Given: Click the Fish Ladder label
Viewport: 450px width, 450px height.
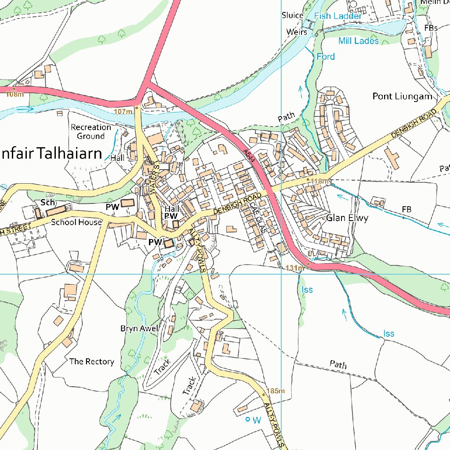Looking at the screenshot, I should coord(338,16).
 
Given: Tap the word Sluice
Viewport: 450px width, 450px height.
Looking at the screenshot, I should coord(292,15).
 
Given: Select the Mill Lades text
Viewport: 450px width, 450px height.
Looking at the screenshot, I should coord(358,41).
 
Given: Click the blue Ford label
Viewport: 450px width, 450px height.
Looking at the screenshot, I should coord(325,57).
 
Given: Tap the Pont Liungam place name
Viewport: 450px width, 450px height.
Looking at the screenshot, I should coord(402,96).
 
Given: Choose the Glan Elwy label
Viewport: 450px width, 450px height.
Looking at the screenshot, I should coord(347,218).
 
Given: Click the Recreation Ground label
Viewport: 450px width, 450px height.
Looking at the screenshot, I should coord(91,131).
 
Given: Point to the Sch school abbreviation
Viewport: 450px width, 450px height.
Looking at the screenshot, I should coord(47,202).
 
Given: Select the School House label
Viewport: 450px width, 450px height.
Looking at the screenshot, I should coord(76,222).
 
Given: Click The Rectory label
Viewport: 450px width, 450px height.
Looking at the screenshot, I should coord(91,362).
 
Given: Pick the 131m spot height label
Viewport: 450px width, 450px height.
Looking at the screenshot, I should coord(295,268).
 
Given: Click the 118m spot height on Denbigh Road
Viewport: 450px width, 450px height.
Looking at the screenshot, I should coord(319,181).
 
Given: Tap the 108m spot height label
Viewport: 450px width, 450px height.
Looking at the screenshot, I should coord(15,94).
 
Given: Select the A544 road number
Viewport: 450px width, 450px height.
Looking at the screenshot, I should coord(249,157).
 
